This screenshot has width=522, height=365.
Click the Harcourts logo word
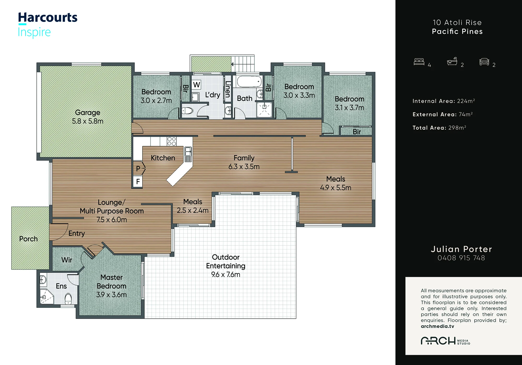pos(48,18)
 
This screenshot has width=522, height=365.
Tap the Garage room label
pos(88,112)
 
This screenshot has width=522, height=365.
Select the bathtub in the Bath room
pos(249,82)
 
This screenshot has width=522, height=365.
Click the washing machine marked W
pos(197,85)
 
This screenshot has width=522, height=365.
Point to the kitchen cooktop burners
pos(171,141)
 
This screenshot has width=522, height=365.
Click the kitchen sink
pos(188,154)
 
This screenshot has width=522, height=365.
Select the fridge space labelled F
pos(138,181)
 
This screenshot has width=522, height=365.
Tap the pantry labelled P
pos(138,169)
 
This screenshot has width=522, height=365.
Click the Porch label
pos(28,239)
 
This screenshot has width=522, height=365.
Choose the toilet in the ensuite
pos(68,299)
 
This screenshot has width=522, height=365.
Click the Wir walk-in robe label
pos(67,260)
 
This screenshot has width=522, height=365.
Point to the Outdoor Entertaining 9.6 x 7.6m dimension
pos(226,274)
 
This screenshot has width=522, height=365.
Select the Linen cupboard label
pos(228,89)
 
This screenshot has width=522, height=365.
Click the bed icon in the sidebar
pos(419,62)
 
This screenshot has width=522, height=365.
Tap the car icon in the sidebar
pos(484,62)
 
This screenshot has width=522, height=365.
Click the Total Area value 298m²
pos(457,128)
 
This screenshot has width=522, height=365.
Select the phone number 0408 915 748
pos(461,258)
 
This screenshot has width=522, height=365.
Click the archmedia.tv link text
pos(437,326)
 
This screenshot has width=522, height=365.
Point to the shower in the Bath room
pos(264,109)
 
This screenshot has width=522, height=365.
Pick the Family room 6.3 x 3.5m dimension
pos(244,166)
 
